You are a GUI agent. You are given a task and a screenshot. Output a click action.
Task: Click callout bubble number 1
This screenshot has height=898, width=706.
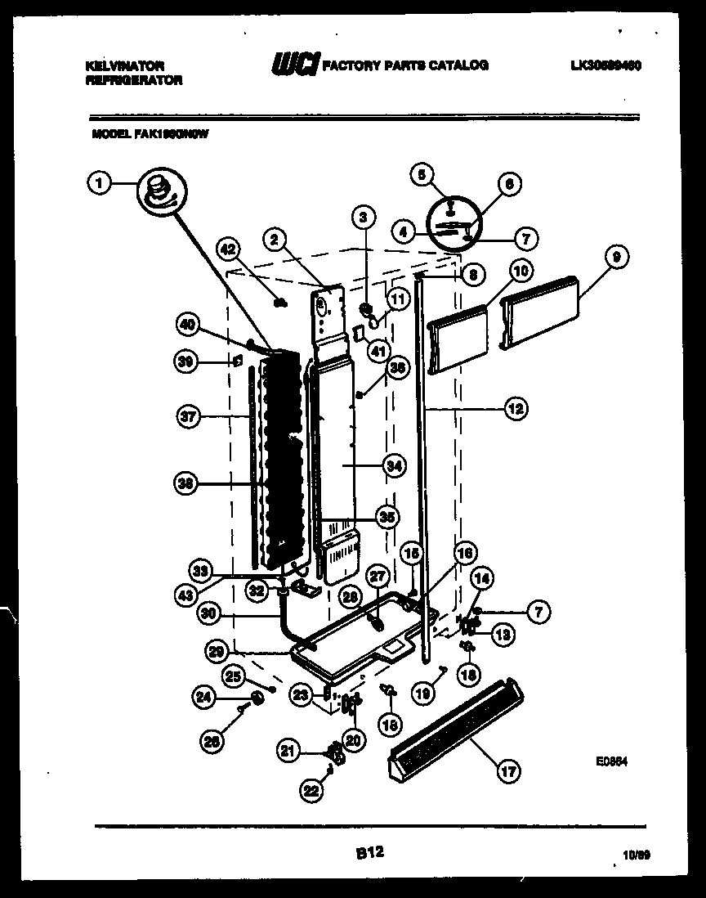(x=99, y=184)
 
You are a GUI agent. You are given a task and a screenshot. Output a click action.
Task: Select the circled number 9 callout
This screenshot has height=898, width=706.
(x=618, y=257)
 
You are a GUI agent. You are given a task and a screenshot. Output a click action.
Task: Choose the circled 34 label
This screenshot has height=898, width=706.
(x=393, y=465)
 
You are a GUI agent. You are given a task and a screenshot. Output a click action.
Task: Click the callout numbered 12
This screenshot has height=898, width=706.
(x=516, y=408)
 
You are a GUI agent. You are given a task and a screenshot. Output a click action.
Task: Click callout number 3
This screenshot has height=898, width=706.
(x=364, y=217)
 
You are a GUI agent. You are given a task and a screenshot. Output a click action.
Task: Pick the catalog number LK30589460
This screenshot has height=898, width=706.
(x=605, y=65)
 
